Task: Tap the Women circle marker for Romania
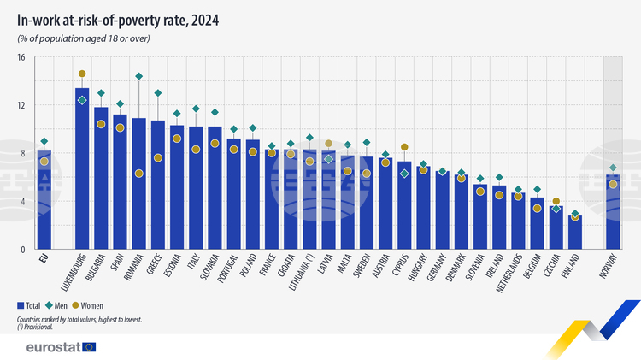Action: (x=139, y=174)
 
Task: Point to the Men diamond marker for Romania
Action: (x=139, y=77)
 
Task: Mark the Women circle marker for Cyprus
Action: (x=404, y=147)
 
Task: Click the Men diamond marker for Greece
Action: (x=158, y=93)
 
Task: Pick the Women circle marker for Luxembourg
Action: (x=82, y=74)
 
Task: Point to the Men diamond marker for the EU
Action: (x=44, y=141)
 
